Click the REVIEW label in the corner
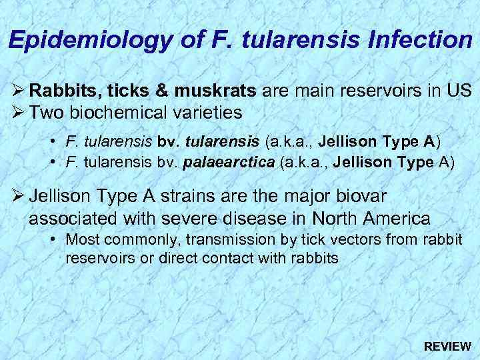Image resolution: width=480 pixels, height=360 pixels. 447,347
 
